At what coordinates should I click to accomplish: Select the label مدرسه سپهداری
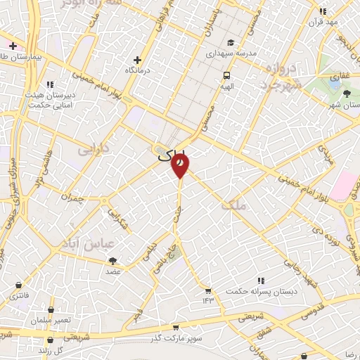tap(231, 53)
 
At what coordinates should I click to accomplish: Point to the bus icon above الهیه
tap(226, 75)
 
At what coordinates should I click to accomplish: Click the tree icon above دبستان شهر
tap(346, 94)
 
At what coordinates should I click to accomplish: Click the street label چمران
tap(72, 198)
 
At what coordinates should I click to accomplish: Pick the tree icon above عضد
tap(113, 260)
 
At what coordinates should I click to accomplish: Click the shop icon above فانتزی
tap(17, 284)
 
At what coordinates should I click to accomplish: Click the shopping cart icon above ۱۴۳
tap(208, 290)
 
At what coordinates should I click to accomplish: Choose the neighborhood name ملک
tap(233, 205)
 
